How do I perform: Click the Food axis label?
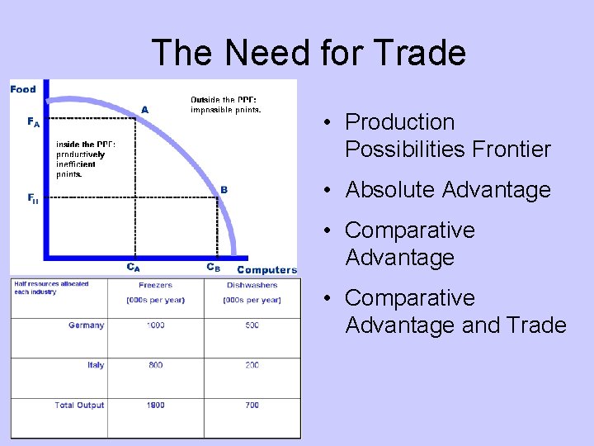coord(23,89)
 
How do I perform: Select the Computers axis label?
coord(266,270)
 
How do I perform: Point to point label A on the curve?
coord(145,109)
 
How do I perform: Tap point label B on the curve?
coord(224,189)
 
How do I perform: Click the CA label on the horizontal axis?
coord(133,268)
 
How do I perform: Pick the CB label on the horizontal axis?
coord(213,268)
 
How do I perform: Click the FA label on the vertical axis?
coord(33,121)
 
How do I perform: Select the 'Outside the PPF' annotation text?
coord(225,105)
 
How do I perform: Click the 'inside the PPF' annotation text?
coord(85,159)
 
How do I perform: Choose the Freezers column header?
coord(156,286)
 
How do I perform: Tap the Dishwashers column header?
coord(252,286)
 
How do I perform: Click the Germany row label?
coord(86,325)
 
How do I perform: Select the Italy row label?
coord(96,365)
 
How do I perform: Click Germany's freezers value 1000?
coord(156,325)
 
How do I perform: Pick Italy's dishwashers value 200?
coord(252,365)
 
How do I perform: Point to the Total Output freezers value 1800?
coord(156,406)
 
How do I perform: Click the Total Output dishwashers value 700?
coord(252,406)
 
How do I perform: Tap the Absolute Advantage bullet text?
coord(447,190)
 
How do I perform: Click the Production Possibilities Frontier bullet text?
coord(447,135)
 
